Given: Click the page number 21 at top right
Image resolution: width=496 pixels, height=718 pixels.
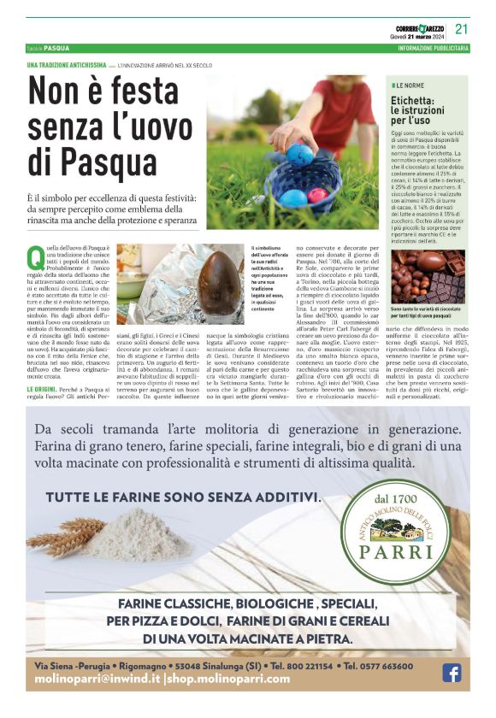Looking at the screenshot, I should (x=462, y=28).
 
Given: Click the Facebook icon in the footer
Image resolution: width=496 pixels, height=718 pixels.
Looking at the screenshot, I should (x=452, y=673).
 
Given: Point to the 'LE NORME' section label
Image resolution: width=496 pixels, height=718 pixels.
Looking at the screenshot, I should (x=410, y=86).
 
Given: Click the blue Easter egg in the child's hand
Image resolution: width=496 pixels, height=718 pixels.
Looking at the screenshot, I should (x=301, y=154).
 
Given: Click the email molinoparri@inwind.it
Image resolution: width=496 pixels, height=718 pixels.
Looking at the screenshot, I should (x=97, y=680).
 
